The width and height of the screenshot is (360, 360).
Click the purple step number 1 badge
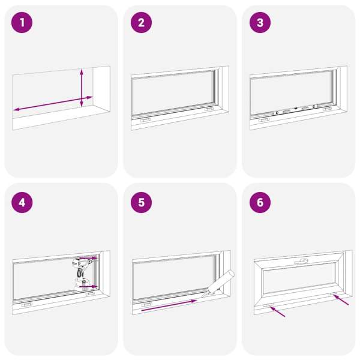point(22,23)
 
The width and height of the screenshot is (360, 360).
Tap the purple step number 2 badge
point(141,23)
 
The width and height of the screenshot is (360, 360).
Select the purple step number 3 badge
point(260,23)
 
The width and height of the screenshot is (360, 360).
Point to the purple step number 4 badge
point(22,203)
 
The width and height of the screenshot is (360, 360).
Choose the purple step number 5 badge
point(141,203)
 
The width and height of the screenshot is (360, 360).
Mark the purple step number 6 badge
point(260,203)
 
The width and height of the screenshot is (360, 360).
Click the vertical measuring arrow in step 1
point(82,88)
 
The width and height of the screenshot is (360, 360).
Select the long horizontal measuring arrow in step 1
point(53,103)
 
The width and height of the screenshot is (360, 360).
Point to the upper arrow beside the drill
point(89,258)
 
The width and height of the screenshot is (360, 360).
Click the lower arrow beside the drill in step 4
point(89,287)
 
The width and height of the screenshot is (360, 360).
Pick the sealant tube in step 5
point(218,284)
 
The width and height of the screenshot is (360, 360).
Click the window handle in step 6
point(301,261)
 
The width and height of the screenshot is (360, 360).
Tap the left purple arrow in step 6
point(278,311)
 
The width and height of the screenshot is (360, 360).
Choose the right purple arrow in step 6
point(341,300)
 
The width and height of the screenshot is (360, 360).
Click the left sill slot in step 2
point(146,121)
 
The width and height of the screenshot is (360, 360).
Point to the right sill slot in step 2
point(209,109)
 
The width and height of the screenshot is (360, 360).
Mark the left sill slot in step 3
point(264,120)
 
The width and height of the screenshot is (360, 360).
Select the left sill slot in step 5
point(147,305)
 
